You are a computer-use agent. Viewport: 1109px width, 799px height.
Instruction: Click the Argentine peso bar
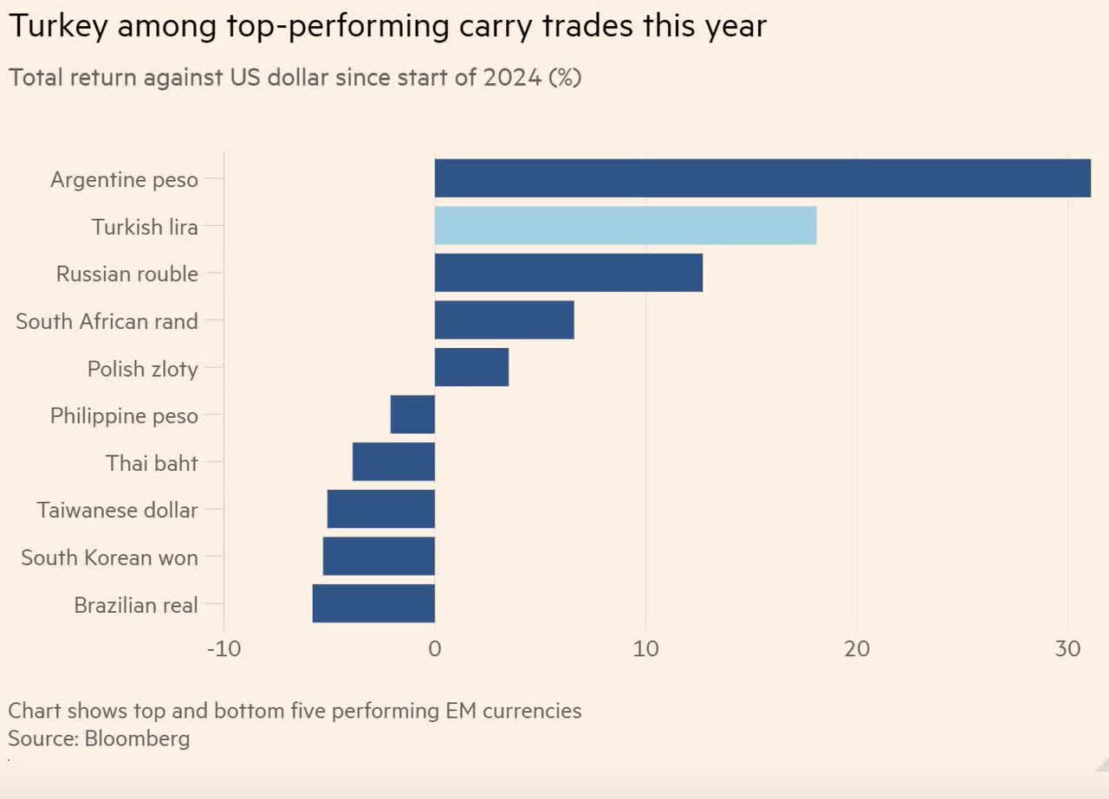[x=762, y=178]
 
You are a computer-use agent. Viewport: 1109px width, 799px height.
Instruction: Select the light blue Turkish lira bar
[x=625, y=226]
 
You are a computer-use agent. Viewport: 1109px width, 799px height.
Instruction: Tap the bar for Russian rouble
[x=568, y=273]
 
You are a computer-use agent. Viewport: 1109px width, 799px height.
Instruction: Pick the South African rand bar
[x=503, y=320]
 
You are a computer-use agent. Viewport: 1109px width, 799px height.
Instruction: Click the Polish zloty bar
[x=471, y=367]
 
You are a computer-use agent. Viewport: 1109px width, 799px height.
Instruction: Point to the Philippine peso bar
[x=412, y=415]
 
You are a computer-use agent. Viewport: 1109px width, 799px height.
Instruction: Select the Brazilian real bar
[x=373, y=603]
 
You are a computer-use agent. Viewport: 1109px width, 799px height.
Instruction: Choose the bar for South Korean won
[x=379, y=556]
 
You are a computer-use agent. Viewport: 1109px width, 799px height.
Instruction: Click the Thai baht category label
[x=152, y=463]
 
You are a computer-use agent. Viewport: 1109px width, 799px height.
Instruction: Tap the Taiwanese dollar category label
[x=117, y=510]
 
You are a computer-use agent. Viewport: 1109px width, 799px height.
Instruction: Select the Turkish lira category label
[x=145, y=227]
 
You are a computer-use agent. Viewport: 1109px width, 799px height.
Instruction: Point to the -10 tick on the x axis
[x=224, y=649]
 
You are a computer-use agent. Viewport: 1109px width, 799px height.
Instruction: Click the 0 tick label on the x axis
[x=435, y=649]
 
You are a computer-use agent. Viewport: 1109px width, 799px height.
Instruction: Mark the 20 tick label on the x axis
[x=856, y=649]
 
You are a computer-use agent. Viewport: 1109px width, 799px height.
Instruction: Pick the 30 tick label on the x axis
[x=1067, y=649]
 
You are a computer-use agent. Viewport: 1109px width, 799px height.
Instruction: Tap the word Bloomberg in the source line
[x=137, y=739]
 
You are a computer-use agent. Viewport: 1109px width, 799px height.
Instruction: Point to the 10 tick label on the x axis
[x=645, y=649]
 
